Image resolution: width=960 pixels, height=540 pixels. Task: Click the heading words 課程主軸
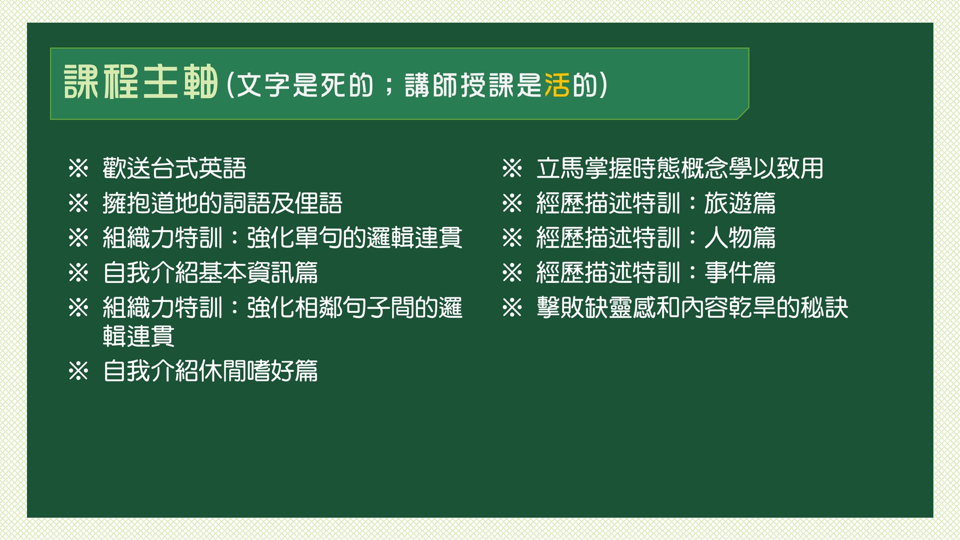(x=141, y=82)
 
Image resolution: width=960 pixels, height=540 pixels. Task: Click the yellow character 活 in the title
(x=557, y=85)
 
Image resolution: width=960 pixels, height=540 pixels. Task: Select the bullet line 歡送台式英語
(x=174, y=168)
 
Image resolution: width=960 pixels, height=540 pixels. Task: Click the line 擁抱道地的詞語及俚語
(x=222, y=203)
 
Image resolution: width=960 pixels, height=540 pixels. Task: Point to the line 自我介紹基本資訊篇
(x=210, y=273)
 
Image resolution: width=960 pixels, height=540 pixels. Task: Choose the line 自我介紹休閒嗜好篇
(x=210, y=371)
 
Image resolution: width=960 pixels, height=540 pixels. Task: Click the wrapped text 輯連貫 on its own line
(x=138, y=336)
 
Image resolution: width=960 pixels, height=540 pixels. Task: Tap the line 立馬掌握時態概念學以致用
(x=680, y=168)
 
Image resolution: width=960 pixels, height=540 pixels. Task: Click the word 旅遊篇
(x=740, y=203)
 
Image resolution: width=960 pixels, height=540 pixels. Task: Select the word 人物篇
(x=740, y=238)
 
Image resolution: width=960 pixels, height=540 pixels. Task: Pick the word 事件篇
(x=740, y=273)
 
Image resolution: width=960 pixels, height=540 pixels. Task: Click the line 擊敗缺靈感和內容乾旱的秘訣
(x=692, y=307)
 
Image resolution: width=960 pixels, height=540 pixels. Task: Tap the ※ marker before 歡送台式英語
(x=78, y=168)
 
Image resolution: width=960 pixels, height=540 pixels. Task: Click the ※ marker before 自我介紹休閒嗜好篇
(x=78, y=371)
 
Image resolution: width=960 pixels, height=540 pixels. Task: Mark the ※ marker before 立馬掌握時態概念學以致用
(x=512, y=168)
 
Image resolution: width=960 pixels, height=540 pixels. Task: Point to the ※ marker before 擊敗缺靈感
(x=512, y=307)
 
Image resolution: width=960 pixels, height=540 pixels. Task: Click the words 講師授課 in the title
(x=459, y=85)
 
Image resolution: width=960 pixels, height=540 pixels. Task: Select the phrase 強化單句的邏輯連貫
(x=354, y=238)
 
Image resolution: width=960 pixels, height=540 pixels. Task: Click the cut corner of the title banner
(x=744, y=114)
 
